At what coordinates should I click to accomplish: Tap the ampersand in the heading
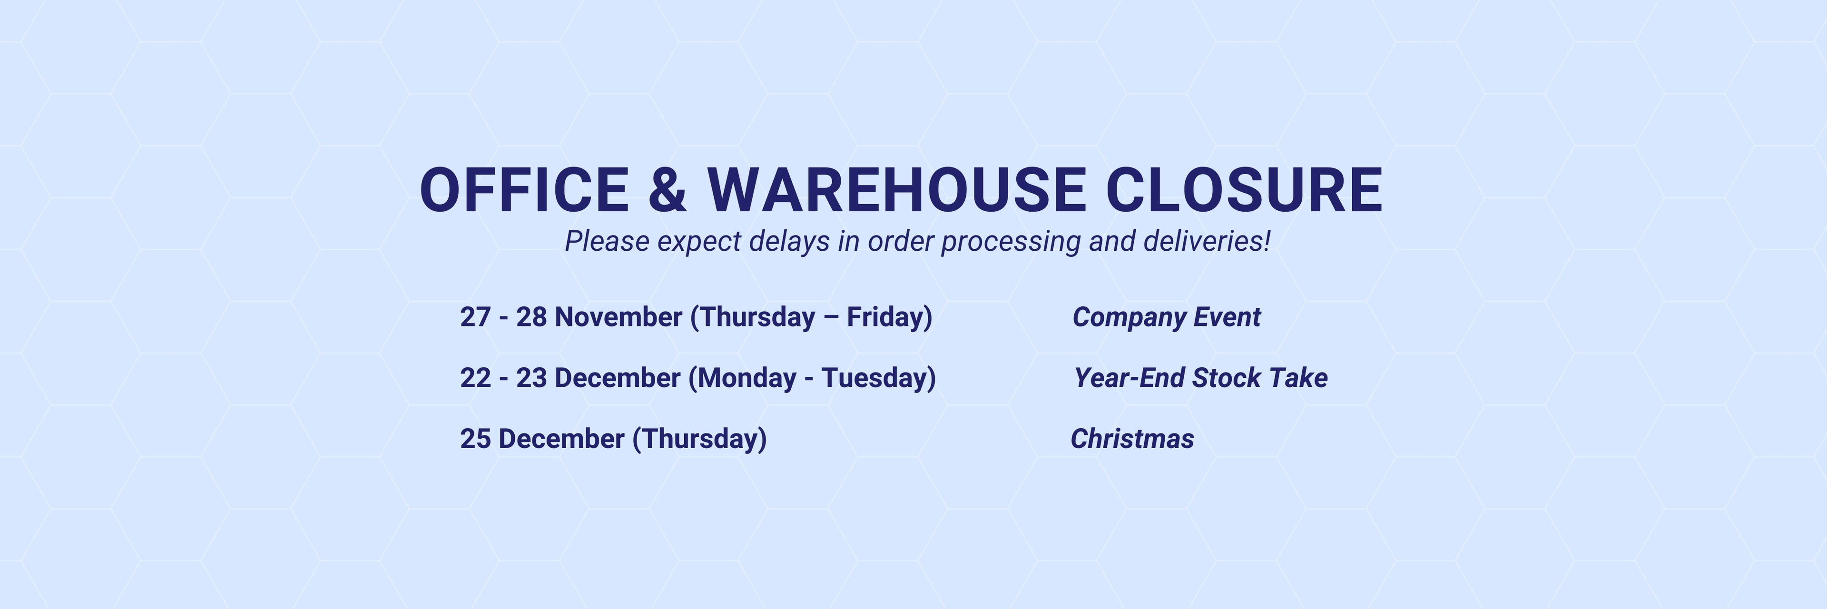pyautogui.click(x=668, y=190)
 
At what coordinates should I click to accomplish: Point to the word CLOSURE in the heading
pyautogui.click(x=1244, y=190)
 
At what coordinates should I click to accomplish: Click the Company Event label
pyautogui.click(x=1167, y=317)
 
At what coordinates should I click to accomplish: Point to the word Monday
pyautogui.click(x=747, y=378)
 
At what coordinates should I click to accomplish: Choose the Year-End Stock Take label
pyautogui.click(x=1201, y=378)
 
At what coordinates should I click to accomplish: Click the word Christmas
pyautogui.click(x=1132, y=439)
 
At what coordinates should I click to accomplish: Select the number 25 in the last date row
pyautogui.click(x=475, y=439)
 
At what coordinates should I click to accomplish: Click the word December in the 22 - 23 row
pyautogui.click(x=617, y=378)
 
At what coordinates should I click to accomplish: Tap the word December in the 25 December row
pyautogui.click(x=562, y=439)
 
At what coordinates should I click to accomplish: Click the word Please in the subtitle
pyautogui.click(x=607, y=242)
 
